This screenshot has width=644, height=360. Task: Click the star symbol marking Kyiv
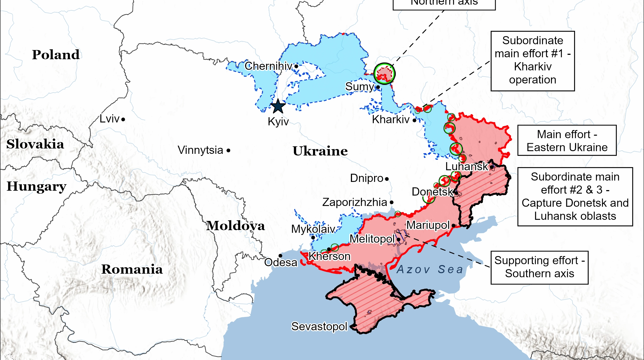(278, 106)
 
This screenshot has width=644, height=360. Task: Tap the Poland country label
(56, 55)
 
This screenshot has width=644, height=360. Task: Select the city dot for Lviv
(123, 119)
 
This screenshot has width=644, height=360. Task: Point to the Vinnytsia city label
(200, 150)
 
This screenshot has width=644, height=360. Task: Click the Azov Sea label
(430, 269)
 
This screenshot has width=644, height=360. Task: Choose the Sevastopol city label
(319, 326)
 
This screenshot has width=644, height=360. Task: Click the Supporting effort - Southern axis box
(539, 267)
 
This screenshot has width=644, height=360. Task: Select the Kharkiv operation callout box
(532, 61)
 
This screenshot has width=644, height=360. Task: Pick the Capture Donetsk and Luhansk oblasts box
(575, 196)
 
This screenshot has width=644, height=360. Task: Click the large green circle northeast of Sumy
(384, 74)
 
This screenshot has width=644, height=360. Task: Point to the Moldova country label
(235, 226)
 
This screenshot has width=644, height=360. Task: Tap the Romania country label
(132, 269)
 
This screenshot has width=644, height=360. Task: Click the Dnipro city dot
(387, 179)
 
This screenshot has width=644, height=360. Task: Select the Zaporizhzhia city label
(354, 202)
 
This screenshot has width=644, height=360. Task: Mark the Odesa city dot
(280, 256)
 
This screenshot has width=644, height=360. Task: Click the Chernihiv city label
(268, 66)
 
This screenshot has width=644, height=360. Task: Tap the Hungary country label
(36, 187)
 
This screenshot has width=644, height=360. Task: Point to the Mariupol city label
(428, 225)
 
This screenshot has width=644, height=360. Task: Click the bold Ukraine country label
(320, 151)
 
